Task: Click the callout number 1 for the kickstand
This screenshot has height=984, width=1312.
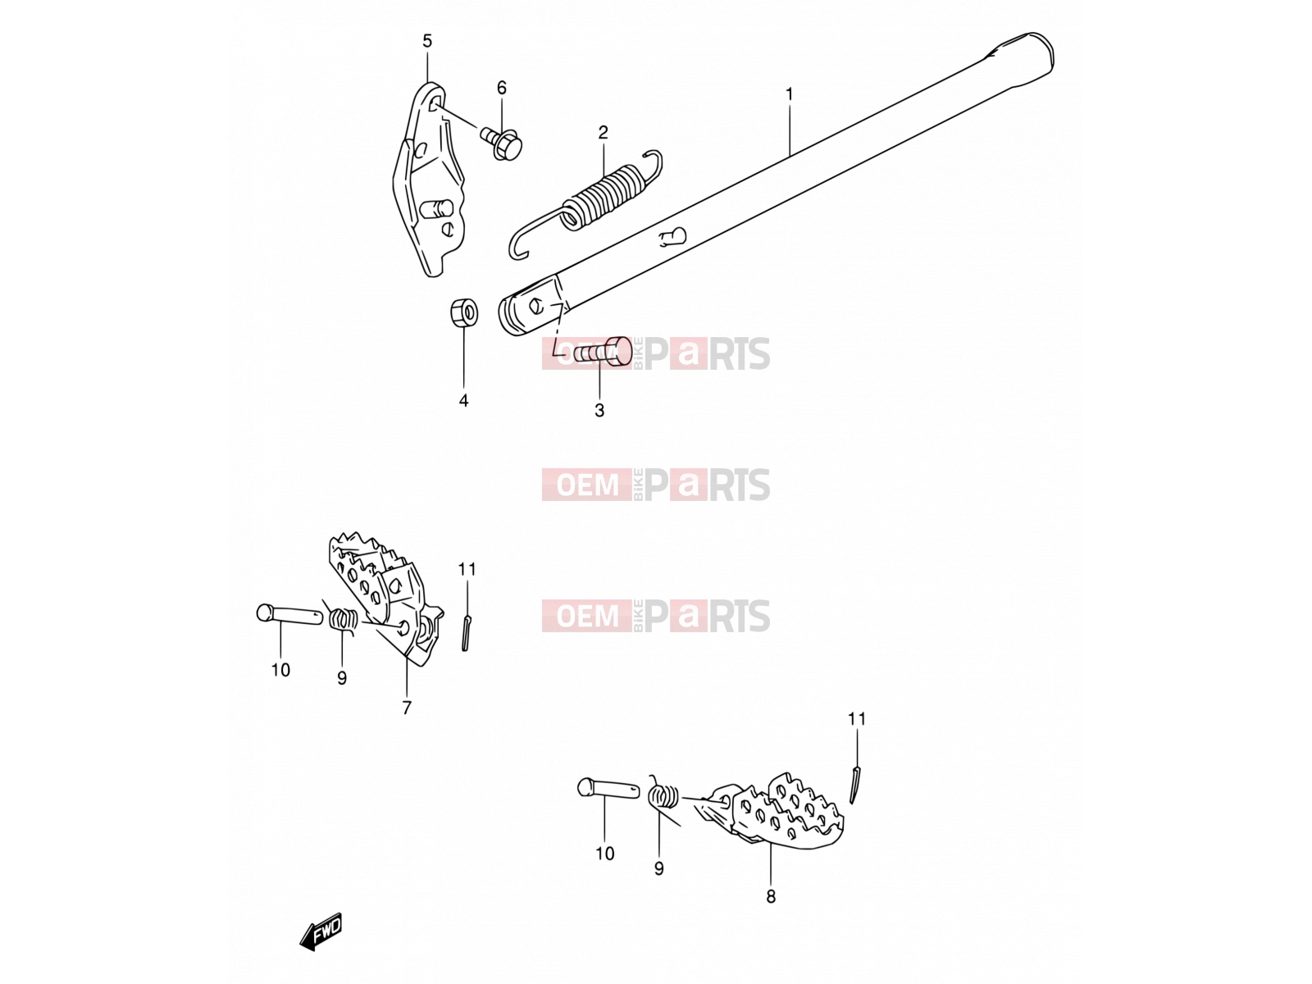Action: pos(788,94)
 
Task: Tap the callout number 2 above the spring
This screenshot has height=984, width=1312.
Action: pos(603,132)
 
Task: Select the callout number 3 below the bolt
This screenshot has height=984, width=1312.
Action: pos(599,411)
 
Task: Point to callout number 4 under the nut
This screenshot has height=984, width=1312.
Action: pos(463,400)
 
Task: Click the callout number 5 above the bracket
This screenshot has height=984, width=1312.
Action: pos(426,41)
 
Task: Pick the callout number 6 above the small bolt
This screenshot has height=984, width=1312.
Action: pos(502,88)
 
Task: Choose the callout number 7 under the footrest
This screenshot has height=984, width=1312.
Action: pos(407,708)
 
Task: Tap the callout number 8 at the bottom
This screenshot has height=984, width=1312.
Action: pos(771,896)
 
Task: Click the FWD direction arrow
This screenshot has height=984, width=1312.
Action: pos(321,932)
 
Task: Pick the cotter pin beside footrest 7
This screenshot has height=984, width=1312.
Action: pos(466,633)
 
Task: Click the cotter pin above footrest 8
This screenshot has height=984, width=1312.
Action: pos(855,785)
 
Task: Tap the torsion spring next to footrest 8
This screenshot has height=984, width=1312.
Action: pos(663,795)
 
